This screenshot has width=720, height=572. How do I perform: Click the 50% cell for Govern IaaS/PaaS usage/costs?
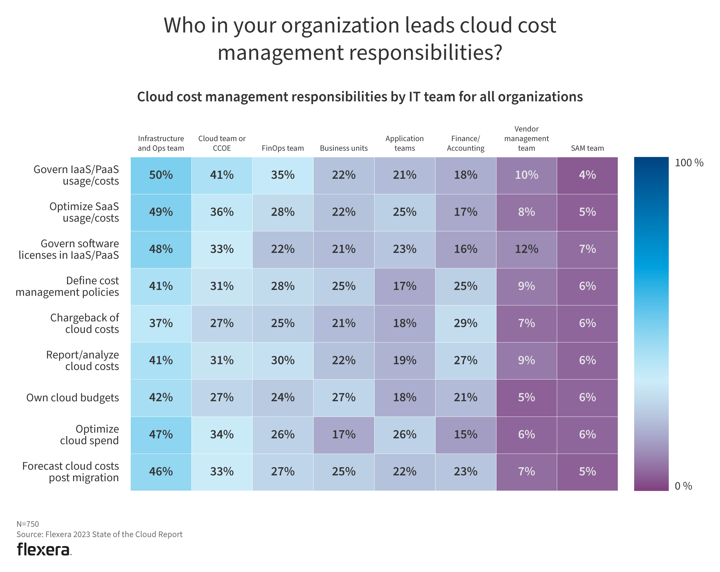(161, 175)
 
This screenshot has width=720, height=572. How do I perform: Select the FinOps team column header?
(283, 148)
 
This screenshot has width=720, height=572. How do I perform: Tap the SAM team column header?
(587, 148)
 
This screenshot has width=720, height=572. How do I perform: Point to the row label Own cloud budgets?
(72, 397)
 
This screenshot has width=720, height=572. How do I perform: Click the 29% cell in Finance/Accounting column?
(465, 323)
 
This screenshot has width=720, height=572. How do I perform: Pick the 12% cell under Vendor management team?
(526, 249)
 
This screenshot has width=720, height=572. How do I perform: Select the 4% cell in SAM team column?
(587, 175)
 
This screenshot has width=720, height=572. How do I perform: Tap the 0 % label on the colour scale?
(683, 486)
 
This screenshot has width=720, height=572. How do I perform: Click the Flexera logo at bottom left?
(44, 550)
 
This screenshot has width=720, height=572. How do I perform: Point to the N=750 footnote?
(28, 524)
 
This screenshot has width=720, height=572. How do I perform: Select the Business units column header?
(344, 148)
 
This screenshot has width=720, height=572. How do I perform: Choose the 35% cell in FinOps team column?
(283, 175)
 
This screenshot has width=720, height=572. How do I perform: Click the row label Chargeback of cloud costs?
(85, 323)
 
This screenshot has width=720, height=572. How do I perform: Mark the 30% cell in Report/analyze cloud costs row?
(283, 360)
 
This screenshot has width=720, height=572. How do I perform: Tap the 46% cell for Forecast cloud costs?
(161, 472)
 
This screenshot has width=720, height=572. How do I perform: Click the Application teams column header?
(404, 143)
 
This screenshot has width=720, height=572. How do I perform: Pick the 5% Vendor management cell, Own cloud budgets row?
(526, 397)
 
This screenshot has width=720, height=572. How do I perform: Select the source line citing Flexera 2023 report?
(99, 534)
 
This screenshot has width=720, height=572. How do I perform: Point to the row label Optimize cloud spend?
(89, 434)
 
